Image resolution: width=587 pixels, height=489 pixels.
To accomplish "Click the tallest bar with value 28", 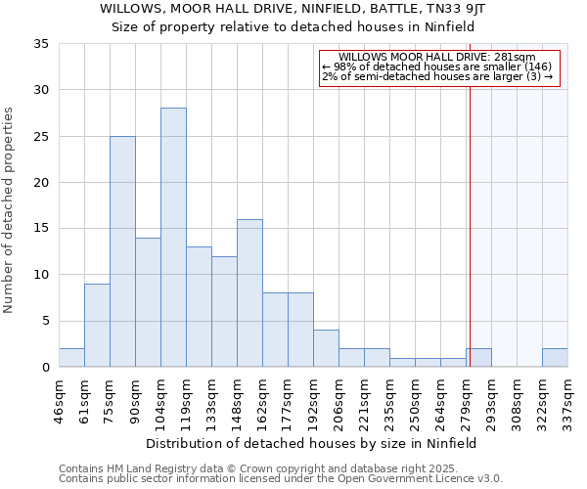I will tap(173, 238).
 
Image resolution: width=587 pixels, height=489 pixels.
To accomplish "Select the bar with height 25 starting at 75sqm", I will tap(122, 251).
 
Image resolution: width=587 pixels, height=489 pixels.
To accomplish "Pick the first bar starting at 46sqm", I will tap(71, 358).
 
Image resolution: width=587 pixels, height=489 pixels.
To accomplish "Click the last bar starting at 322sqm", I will tap(555, 358).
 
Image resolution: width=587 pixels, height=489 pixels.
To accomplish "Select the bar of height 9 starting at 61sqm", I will tap(97, 326).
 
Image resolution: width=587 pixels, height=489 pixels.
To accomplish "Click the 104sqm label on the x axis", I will tap(161, 398).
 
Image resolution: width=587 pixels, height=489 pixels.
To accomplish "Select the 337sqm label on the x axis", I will tap(568, 398).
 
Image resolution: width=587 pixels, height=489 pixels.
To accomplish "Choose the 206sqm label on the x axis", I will tap(339, 398).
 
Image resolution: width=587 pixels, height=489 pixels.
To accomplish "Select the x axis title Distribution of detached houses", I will tap(313, 443).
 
